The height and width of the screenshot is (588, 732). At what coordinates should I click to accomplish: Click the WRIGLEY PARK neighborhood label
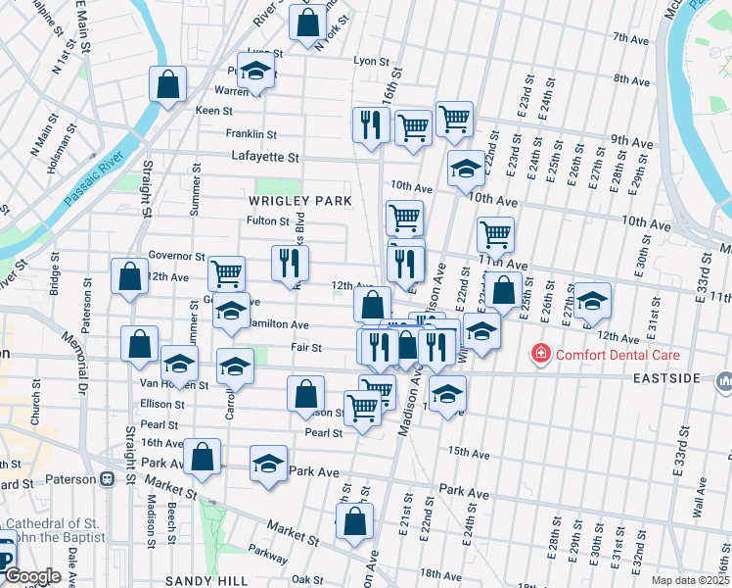(299, 201)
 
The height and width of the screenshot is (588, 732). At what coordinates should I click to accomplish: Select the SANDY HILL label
(196, 581)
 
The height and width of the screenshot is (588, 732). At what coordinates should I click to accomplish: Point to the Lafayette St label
(264, 156)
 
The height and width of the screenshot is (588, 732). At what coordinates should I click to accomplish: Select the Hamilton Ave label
(278, 324)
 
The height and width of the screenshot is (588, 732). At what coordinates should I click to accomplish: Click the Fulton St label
(265, 220)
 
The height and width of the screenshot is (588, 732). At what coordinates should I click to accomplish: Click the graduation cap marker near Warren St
(255, 74)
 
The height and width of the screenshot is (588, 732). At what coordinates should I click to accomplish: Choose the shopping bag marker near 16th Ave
(202, 457)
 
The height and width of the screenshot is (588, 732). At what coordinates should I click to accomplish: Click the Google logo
(32, 577)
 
